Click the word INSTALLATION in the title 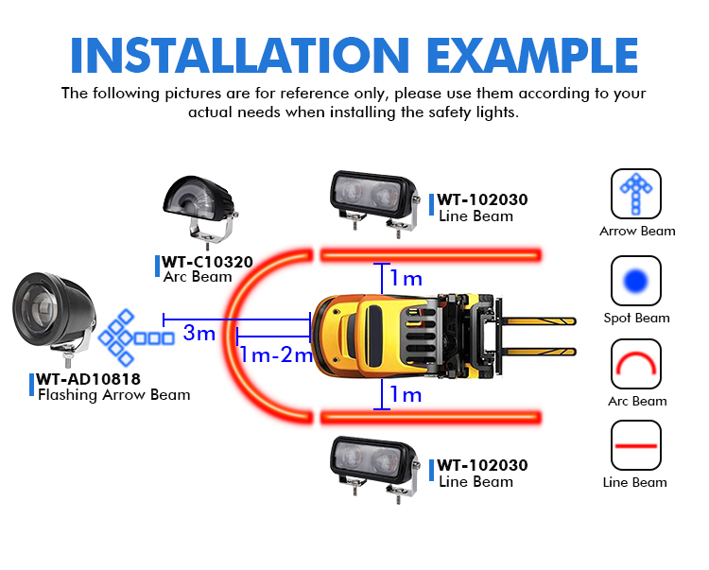pos(240,55)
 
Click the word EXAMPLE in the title pos(532,55)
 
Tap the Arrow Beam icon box pos(636,194)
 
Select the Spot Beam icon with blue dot pos(636,281)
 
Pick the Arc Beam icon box pos(636,364)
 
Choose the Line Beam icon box pos(636,445)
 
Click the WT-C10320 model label pos(208,262)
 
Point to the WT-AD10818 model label pos(89,379)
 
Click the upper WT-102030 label pos(482,199)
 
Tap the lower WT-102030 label pos(482,465)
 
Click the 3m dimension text pos(199,333)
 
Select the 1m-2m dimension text pos(276,354)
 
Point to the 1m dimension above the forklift pos(406,278)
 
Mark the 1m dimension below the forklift pos(406,394)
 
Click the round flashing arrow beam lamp pos(53,317)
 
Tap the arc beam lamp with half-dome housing pos(199,208)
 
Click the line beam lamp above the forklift pos(374,202)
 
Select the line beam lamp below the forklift pos(374,468)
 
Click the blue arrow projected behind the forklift pos(136,337)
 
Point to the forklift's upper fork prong pos(539,321)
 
